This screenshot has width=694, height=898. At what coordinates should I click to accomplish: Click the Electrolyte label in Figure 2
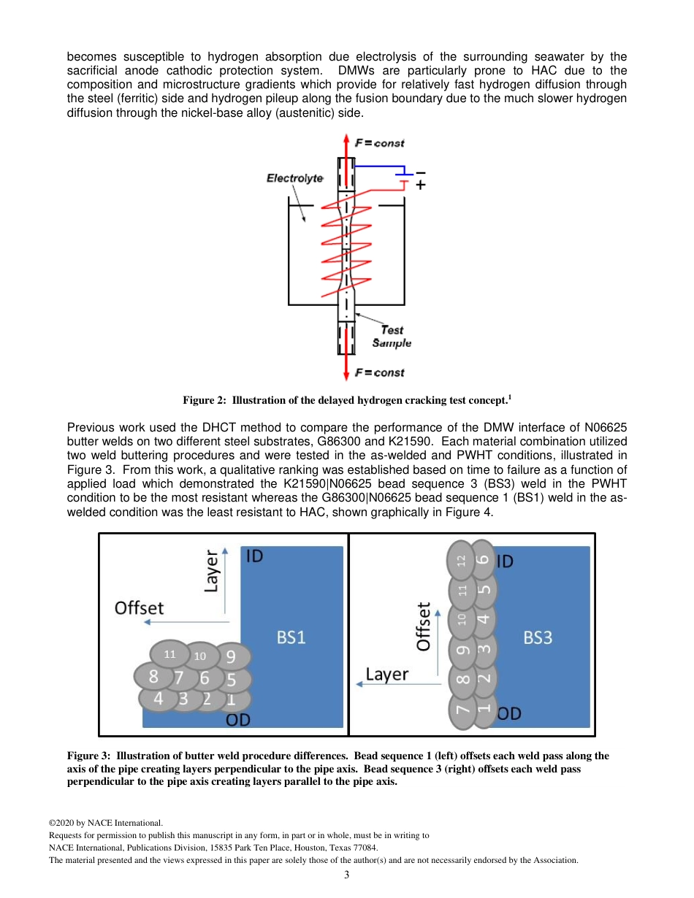tap(294, 177)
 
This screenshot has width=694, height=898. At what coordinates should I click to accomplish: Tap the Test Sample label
tap(392, 337)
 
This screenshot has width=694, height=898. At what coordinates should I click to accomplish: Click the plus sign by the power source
tap(420, 186)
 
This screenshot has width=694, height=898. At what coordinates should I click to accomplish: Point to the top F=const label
tap(379, 143)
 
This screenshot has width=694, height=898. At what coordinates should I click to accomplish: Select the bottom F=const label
tap(379, 373)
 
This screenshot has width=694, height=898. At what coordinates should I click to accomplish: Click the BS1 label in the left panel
tap(291, 637)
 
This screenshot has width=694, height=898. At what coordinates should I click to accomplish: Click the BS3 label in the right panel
tap(538, 637)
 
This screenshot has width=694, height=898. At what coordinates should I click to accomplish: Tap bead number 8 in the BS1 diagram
tap(153, 677)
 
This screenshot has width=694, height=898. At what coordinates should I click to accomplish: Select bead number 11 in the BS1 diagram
tap(169, 654)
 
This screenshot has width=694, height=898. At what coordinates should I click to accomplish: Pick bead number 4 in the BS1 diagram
tap(158, 699)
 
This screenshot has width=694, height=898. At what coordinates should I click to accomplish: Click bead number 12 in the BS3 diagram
tap(461, 561)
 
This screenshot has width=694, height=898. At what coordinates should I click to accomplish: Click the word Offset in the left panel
tap(139, 607)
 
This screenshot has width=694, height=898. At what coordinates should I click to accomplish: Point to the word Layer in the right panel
tap(386, 675)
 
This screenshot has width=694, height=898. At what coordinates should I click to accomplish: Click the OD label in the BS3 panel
tap(509, 713)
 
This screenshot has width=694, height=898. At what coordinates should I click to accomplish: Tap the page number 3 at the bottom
tap(347, 875)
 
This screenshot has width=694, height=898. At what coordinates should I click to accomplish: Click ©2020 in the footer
tap(61, 823)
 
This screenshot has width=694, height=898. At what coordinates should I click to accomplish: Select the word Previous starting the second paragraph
tap(91, 427)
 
